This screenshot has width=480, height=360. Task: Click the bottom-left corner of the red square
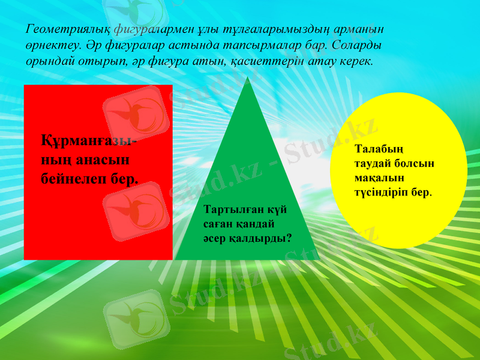[25, 259]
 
